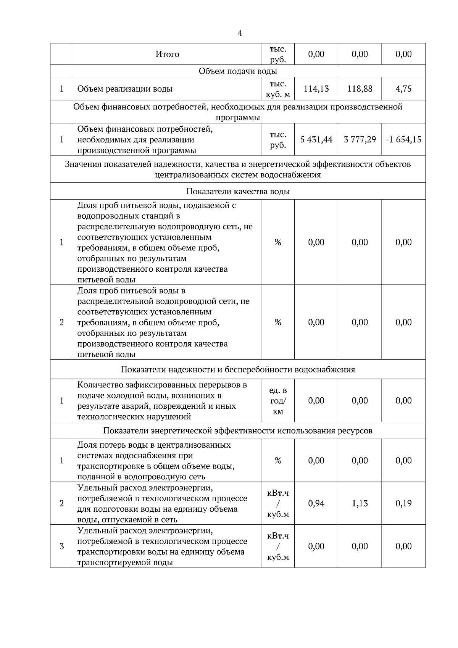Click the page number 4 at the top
click(239, 34)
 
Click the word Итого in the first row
click(167, 54)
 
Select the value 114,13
click(316, 89)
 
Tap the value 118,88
click(360, 89)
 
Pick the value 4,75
click(403, 89)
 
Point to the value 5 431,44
click(316, 140)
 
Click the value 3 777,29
click(360, 140)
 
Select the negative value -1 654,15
click(403, 140)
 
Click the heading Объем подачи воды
click(238, 71)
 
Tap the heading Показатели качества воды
click(238, 192)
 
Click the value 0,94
click(316, 503)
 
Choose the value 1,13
click(360, 503)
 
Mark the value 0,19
click(403, 503)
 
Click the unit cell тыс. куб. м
click(278, 89)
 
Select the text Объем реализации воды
click(125, 89)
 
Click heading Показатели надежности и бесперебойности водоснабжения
click(238, 370)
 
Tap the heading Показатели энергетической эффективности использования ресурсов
click(238, 431)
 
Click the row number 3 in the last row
click(61, 546)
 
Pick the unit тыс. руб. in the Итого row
click(278, 55)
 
